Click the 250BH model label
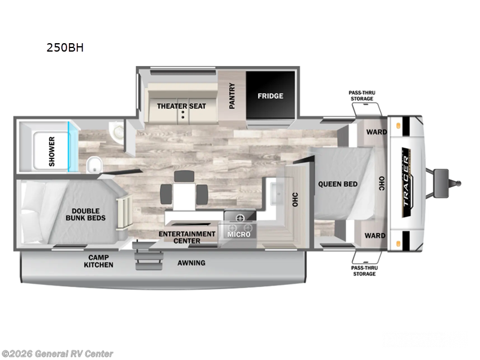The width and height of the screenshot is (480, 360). tap(64, 49)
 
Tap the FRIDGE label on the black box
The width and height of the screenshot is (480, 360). tap(270, 96)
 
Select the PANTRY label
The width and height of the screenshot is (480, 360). tap(232, 96)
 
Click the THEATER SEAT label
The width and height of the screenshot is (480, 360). tap(181, 106)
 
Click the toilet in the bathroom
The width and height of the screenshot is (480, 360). tap(94, 164)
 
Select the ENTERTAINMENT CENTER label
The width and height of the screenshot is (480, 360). tap(187, 238)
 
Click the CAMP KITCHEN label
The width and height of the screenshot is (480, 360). tap(98, 260)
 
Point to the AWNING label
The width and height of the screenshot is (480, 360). tap(191, 263)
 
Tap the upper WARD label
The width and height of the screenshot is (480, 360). tap(376, 132)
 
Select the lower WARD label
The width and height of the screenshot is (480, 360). tap(376, 236)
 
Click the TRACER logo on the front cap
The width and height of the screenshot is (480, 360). tap(407, 184)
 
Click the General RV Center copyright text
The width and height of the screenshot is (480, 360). tap(57, 353)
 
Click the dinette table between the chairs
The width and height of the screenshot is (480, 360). tap(184, 193)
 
